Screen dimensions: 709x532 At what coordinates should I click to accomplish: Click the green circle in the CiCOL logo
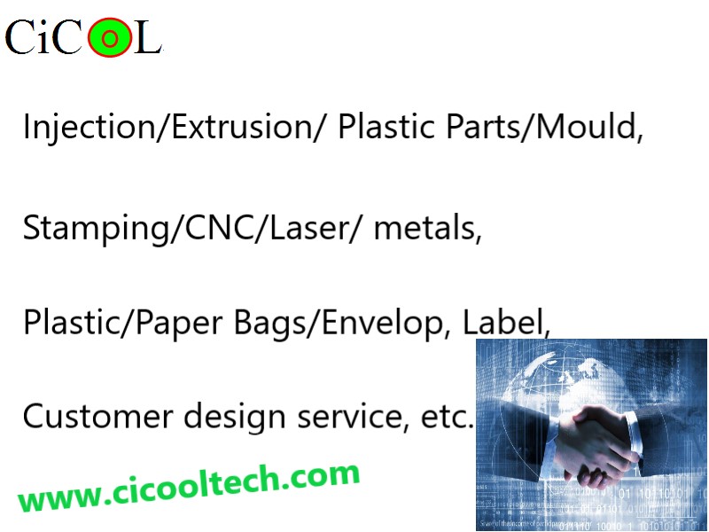click(x=109, y=38)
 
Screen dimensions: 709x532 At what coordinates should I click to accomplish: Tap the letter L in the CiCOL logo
click(x=148, y=38)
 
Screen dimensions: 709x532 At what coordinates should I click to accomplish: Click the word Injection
click(x=89, y=127)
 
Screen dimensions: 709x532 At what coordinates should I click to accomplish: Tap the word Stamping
click(x=96, y=229)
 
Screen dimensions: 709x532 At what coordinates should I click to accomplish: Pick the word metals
click(x=425, y=227)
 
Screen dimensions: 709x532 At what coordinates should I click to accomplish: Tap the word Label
click(x=503, y=321)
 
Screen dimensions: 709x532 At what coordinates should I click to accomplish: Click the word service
click(x=348, y=416)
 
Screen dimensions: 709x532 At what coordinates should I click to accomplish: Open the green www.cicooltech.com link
click(x=189, y=487)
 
